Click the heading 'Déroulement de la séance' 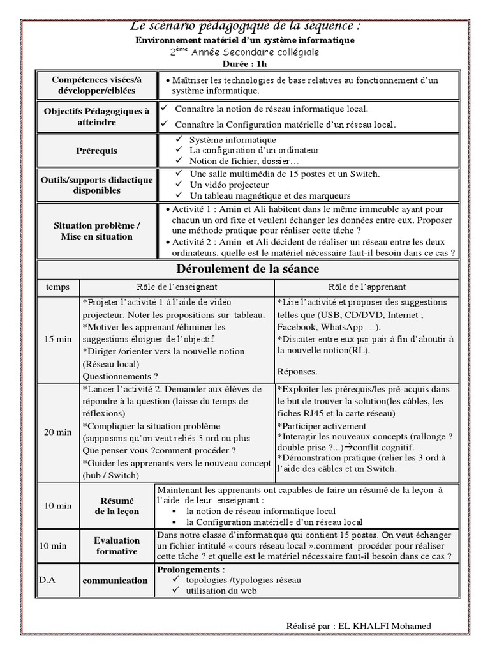(248, 269)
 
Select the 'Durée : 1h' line (246, 63)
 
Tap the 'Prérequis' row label (96, 151)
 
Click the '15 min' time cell (58, 338)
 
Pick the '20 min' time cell (58, 432)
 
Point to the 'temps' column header (57, 287)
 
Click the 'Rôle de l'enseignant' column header (177, 287)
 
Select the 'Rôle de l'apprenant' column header (367, 287)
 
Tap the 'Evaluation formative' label (116, 545)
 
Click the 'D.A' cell (47, 580)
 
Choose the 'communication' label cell (116, 580)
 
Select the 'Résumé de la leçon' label (116, 505)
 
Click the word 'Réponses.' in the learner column (297, 371)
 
